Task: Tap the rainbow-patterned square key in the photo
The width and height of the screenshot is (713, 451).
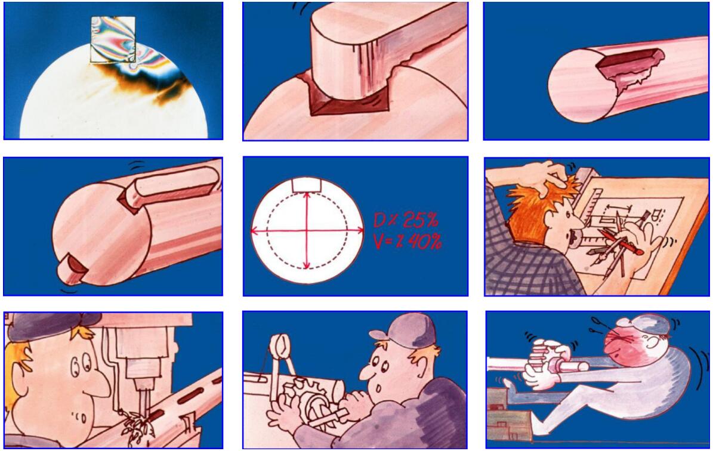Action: pyautogui.click(x=113, y=39)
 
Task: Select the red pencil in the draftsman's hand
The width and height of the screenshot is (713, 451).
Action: pyautogui.click(x=620, y=242)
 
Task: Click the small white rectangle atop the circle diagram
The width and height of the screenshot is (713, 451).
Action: pyautogui.click(x=307, y=184)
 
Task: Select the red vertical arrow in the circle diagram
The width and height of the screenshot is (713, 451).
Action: pyautogui.click(x=307, y=230)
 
